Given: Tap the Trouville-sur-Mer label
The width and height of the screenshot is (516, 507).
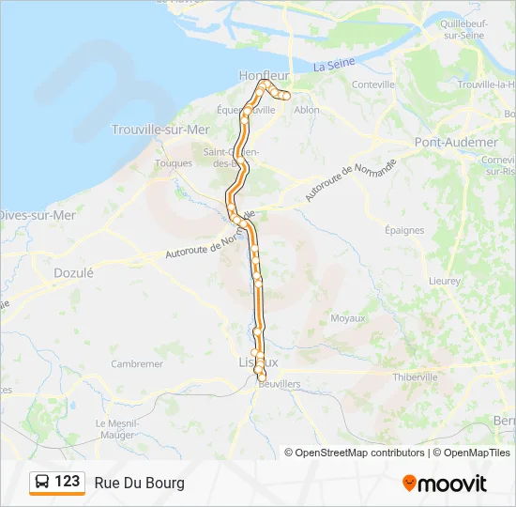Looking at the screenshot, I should [x=160, y=130].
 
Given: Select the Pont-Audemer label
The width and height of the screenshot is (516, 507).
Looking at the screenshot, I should [x=456, y=142].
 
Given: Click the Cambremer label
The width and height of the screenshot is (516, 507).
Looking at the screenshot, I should [x=137, y=363].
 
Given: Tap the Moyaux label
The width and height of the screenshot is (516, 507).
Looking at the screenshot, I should [x=347, y=318].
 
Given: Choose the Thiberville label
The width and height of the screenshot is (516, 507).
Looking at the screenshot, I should [x=415, y=376].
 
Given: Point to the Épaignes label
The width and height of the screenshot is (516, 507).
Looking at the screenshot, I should [x=404, y=229].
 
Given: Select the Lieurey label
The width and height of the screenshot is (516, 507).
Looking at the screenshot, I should [x=444, y=281].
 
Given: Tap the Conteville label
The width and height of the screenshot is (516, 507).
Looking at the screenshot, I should [x=373, y=84].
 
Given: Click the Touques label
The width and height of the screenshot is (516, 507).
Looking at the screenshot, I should [x=174, y=162].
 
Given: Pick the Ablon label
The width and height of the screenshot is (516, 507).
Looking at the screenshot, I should [x=307, y=110].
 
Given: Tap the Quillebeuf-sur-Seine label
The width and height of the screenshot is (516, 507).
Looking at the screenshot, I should [x=460, y=28].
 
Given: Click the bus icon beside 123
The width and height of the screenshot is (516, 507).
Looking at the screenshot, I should [x=42, y=483].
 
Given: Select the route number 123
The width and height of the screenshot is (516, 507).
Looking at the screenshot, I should [x=68, y=482].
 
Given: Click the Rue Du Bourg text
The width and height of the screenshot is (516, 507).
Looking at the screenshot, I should [x=139, y=483].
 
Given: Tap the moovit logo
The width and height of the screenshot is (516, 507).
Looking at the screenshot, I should [x=445, y=483].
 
